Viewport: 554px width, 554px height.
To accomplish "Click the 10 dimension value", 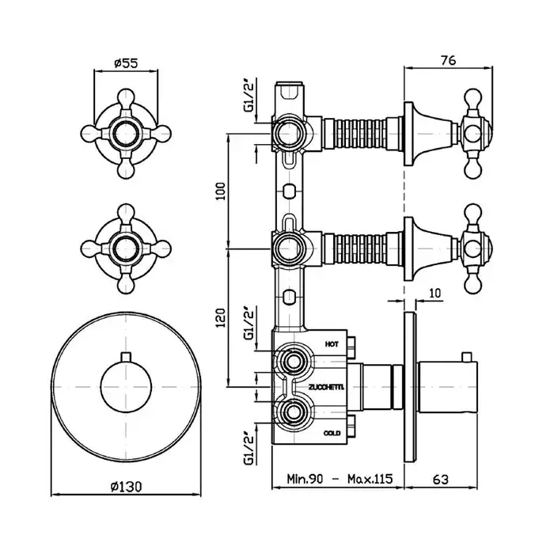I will (x=437, y=294).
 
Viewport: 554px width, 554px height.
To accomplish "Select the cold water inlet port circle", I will (x=294, y=412).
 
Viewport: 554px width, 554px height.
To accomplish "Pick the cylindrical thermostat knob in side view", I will (x=448, y=388).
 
